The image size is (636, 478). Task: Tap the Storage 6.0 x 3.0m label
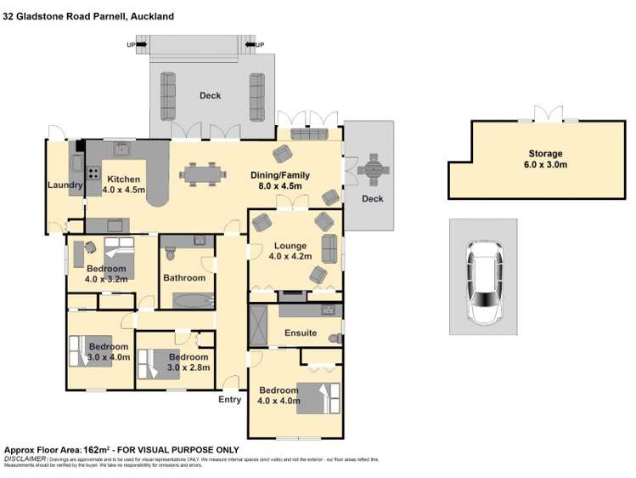pos(543,159)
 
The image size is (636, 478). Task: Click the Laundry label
pos(65,185)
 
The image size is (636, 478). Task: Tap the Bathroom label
pos(184,277)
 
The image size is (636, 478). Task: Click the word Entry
pos(229,399)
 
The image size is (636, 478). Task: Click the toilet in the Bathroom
pos(170,253)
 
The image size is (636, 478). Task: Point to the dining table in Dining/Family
pos(203,174)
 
